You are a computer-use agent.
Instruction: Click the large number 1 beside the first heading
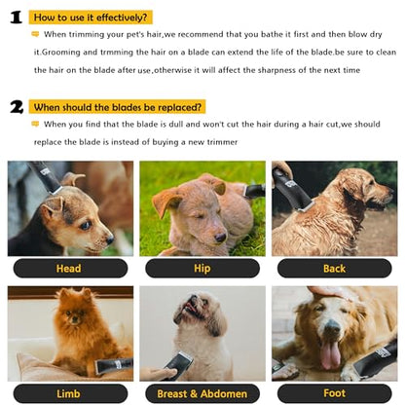(x=17, y=18)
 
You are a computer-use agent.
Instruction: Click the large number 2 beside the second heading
(x=17, y=107)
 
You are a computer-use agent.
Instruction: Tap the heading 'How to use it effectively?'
(x=91, y=18)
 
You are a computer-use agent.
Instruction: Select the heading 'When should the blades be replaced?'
(x=118, y=107)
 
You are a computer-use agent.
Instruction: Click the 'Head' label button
(x=70, y=269)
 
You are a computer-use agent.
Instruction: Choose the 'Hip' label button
(x=202, y=269)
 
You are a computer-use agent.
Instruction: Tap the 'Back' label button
(x=335, y=269)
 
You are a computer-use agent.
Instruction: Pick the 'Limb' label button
(x=70, y=393)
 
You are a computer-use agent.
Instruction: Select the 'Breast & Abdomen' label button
(x=202, y=393)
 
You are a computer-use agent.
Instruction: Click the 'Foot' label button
(x=335, y=393)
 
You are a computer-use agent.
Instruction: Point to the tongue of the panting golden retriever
(x=330, y=355)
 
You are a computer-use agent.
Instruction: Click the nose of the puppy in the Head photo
(x=110, y=239)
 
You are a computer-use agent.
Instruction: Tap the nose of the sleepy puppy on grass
(x=221, y=238)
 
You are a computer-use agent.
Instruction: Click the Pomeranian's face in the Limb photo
(x=75, y=313)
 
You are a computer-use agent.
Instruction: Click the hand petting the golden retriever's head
(x=325, y=292)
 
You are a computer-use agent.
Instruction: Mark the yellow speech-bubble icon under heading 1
(x=35, y=34)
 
